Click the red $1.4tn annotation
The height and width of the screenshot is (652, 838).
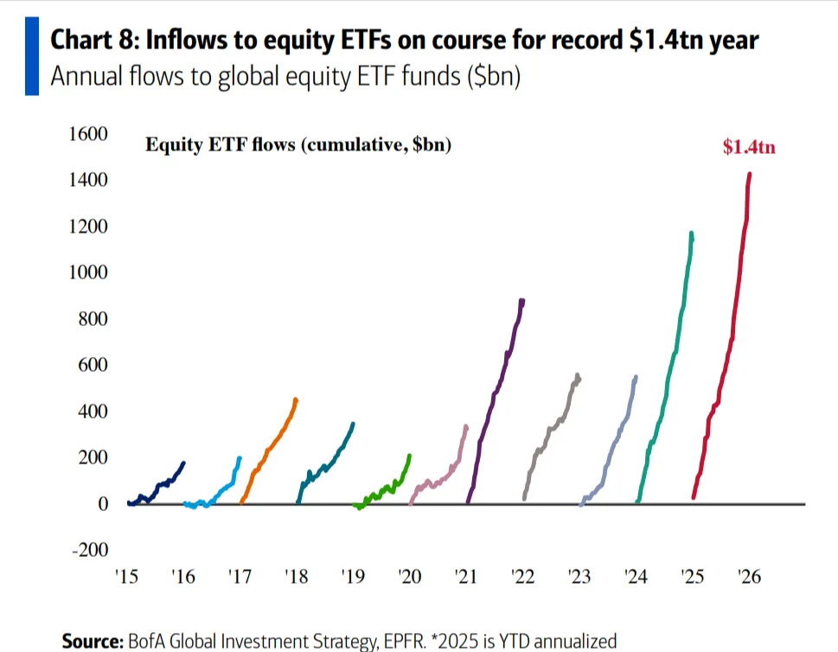749,147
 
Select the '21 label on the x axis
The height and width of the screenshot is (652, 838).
466,577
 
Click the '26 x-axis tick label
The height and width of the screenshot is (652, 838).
749,577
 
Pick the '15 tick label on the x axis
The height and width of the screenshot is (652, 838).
127,577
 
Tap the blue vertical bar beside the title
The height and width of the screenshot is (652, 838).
32,54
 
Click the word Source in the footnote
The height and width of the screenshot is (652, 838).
92,641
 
